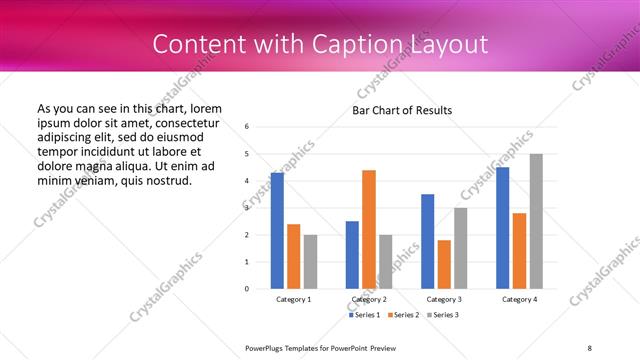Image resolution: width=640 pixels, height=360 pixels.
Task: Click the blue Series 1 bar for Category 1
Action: (277, 231)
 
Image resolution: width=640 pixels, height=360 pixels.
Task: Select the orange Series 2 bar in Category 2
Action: (369, 229)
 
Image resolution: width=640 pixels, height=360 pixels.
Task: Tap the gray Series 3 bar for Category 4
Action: (536, 221)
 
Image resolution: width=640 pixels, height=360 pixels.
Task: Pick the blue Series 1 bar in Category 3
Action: (428, 241)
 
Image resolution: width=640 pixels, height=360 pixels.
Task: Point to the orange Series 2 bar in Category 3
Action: (444, 264)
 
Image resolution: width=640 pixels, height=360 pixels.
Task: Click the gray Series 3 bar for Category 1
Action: (310, 261)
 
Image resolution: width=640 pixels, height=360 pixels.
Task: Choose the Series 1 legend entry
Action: (363, 315)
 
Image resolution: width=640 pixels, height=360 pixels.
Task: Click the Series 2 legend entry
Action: (402, 315)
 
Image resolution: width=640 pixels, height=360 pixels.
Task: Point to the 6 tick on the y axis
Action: (247, 127)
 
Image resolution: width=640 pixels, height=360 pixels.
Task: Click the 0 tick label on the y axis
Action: (247, 289)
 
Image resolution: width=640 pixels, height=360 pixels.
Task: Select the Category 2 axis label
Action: (369, 299)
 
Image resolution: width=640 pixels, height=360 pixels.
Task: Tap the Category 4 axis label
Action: (519, 299)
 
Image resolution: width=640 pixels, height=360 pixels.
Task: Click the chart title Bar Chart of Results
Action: (401, 110)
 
